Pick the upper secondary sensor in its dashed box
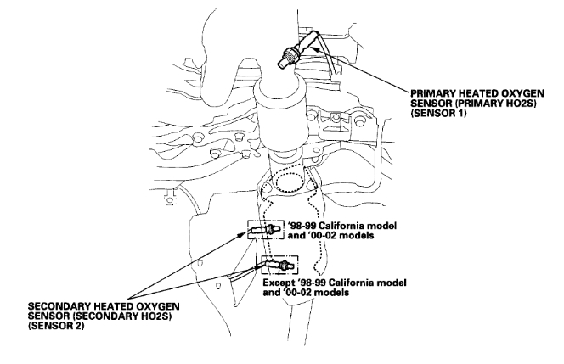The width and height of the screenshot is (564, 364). coord(261,230)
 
